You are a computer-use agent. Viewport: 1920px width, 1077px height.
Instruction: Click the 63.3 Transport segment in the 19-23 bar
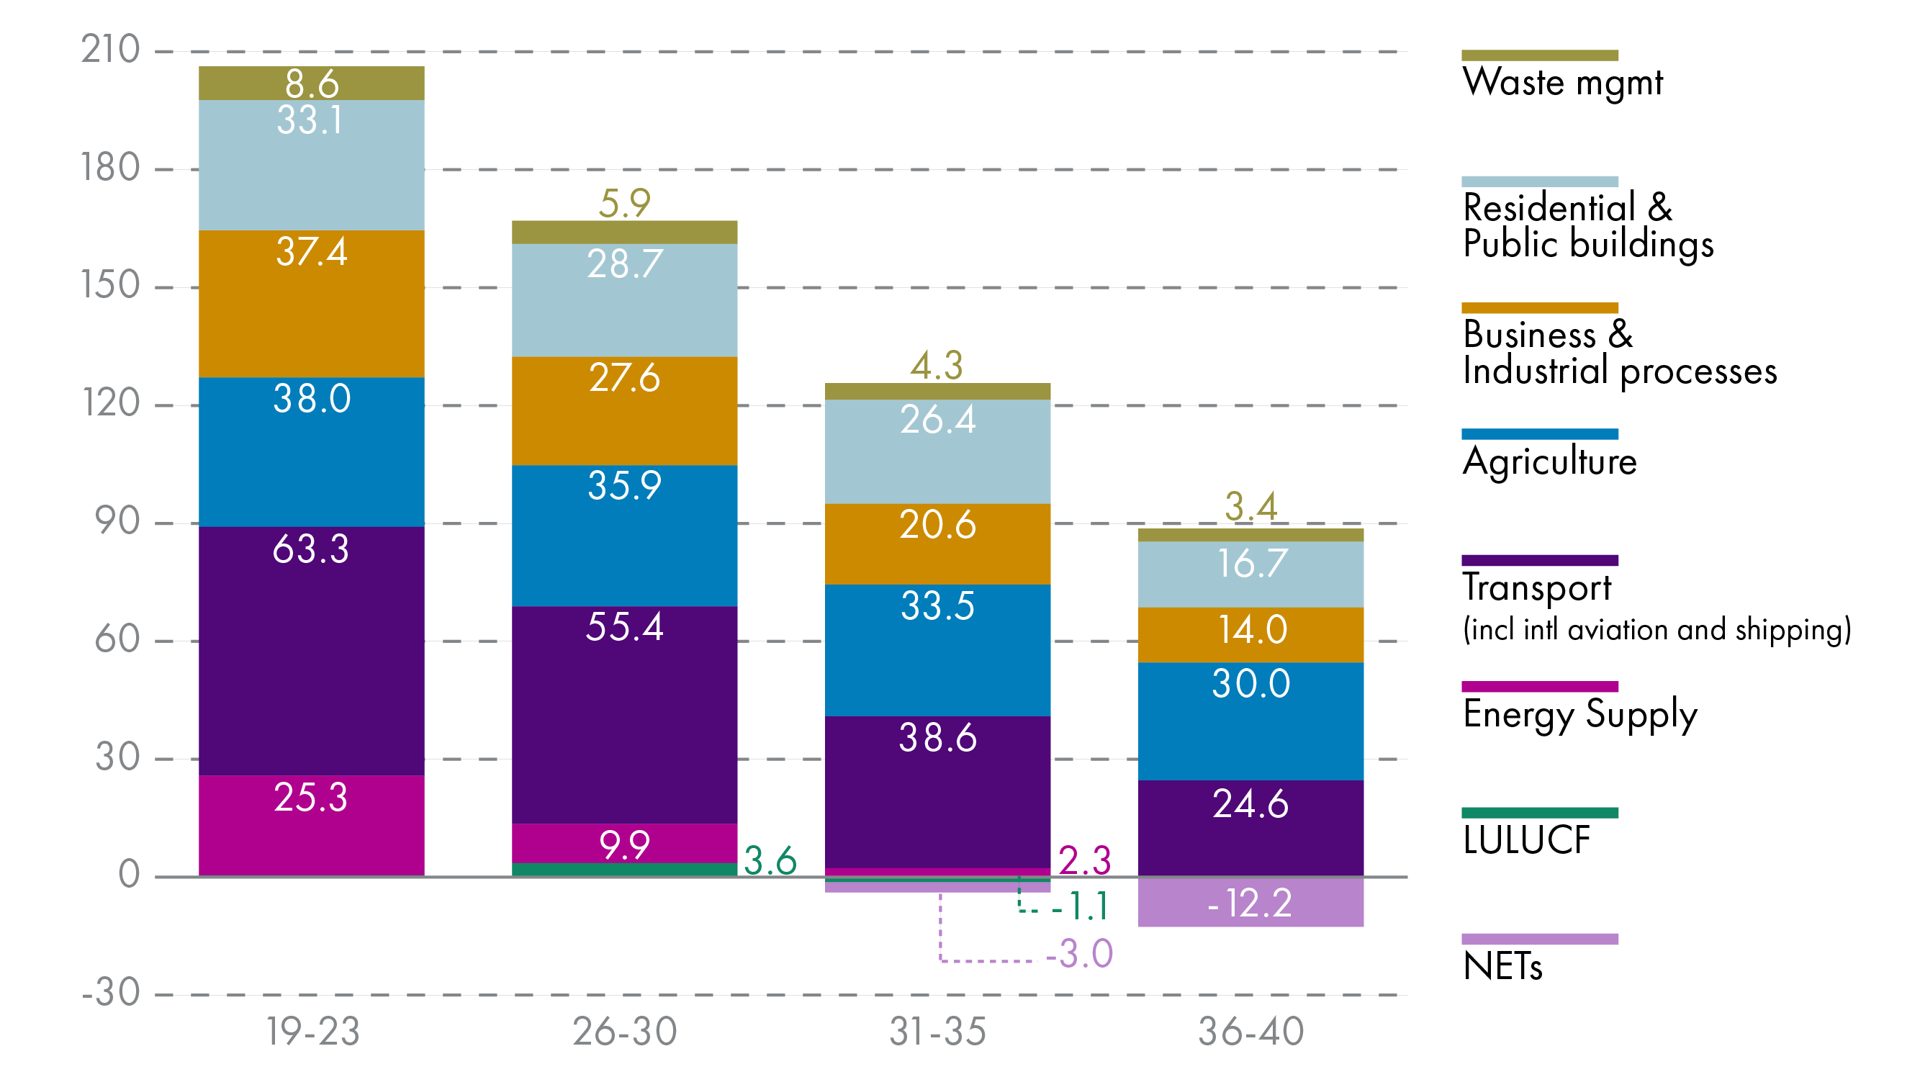312,650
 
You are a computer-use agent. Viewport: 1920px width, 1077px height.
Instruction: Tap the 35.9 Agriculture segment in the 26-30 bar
625,535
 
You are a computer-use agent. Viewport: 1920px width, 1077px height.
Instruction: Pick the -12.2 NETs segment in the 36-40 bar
1250,901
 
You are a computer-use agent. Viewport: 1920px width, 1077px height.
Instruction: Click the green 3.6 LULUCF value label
770,861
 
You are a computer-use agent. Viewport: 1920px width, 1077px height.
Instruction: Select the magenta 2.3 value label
1084,861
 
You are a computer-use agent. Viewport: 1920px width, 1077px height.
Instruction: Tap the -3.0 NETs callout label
1078,953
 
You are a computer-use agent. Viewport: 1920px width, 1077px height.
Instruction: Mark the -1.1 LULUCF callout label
1081,906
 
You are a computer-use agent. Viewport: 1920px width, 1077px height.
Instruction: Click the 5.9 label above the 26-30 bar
625,203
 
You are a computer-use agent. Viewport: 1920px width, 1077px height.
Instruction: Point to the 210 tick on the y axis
110,50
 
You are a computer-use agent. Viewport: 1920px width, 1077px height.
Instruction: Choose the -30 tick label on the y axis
110,993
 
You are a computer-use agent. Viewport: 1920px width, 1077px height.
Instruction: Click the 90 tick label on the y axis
118,522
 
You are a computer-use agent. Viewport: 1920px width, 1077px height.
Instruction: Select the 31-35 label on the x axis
937,1032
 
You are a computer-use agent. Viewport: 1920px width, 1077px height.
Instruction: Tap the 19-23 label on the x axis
313,1032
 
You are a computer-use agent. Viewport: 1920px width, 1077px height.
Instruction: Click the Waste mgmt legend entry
1562,81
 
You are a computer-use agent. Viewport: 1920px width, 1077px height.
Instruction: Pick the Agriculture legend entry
1549,461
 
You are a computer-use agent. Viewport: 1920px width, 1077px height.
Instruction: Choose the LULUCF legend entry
1525,840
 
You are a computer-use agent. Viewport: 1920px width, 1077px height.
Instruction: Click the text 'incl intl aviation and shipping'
1656,630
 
